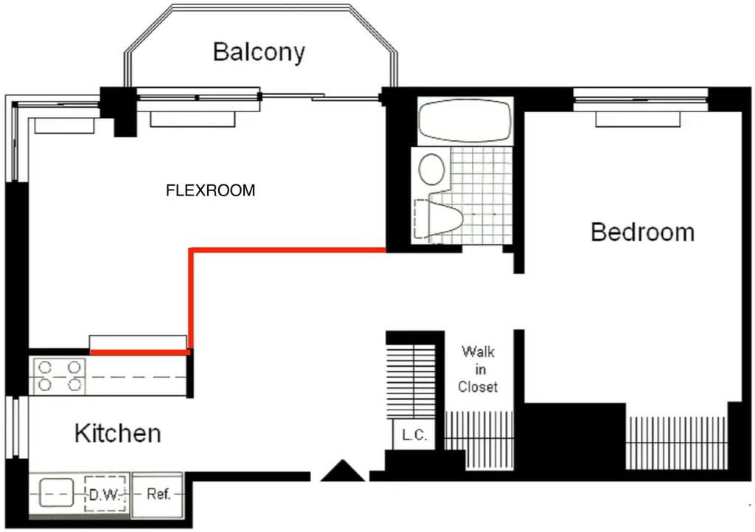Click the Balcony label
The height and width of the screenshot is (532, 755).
coord(259,52)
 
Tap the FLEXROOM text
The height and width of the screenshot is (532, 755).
coord(210,190)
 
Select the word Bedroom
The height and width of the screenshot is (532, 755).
coord(642,232)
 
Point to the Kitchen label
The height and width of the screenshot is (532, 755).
coord(118,432)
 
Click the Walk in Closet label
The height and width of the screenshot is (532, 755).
coord(478,369)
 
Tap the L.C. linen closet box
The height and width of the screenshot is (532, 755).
coord(414,435)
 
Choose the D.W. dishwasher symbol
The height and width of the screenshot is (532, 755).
coord(105,494)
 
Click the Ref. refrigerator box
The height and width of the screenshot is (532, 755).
coord(158,494)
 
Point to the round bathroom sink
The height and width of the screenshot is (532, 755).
coord(432,169)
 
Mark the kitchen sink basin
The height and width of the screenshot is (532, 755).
coord(56,492)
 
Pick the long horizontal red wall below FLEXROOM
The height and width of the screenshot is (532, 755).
coord(288,250)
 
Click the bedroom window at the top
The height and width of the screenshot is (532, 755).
coord(641,100)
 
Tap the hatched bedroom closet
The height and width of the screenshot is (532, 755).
coord(677,443)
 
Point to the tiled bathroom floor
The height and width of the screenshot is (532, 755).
coord(481,195)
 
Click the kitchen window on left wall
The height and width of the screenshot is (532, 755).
coord(17,427)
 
